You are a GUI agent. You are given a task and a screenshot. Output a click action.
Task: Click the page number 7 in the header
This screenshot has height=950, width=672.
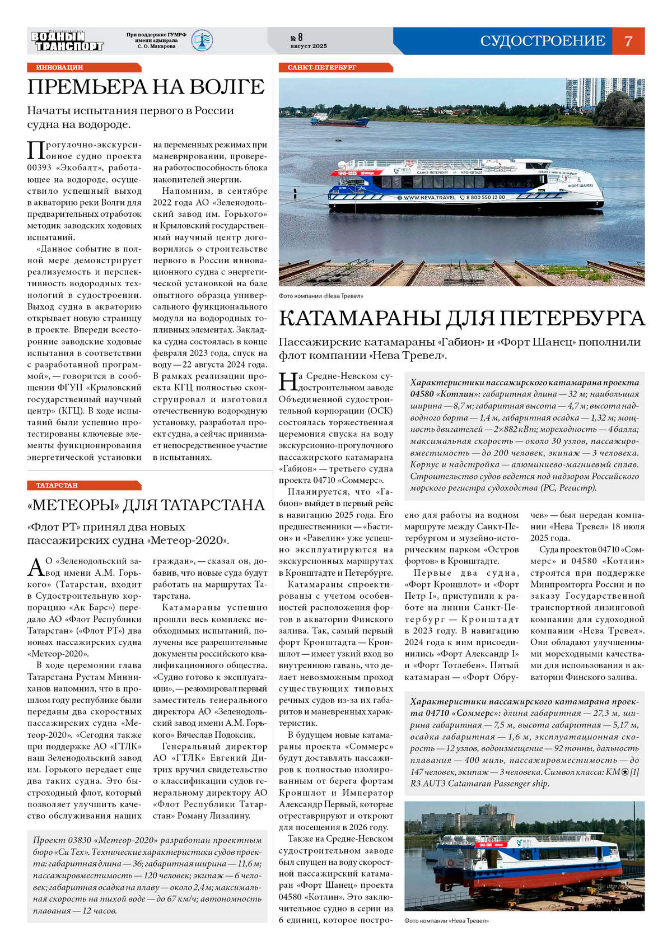click(x=628, y=41)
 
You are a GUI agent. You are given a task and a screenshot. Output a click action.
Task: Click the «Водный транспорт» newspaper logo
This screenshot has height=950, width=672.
click(x=67, y=41)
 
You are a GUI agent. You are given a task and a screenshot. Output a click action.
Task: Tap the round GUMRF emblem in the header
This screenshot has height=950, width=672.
click(x=202, y=41)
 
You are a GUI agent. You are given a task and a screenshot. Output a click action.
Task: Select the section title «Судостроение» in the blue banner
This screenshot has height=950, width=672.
click(x=542, y=41)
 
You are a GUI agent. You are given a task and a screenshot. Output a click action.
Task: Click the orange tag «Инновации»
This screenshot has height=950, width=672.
click(x=59, y=67)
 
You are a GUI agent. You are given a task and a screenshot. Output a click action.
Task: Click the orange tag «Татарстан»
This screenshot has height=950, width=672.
click(x=57, y=485)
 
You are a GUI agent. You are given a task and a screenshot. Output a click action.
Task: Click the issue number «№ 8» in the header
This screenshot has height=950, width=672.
click(x=296, y=38)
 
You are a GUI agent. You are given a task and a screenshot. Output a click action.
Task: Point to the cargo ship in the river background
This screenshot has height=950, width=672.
click(x=339, y=119)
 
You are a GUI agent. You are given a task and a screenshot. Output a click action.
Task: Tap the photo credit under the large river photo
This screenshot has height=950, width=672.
click(x=321, y=296)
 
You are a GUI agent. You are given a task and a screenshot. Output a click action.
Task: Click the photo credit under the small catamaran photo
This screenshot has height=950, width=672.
click(x=446, y=920)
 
